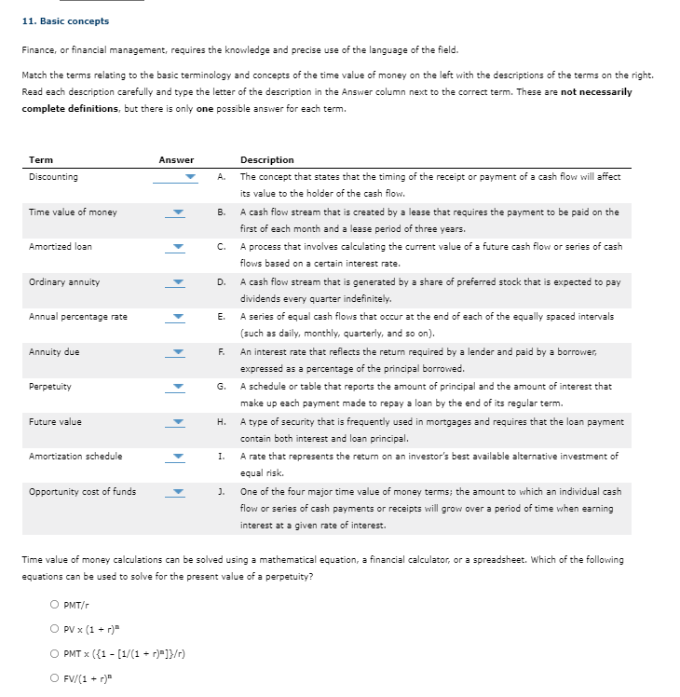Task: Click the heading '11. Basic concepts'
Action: coord(64,20)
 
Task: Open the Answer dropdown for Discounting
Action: coord(176,177)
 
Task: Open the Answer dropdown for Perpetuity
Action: coord(176,387)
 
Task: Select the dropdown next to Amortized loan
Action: coord(176,247)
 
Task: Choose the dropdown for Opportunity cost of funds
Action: coord(176,492)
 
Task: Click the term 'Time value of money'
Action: coord(73,212)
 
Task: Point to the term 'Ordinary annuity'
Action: coord(64,281)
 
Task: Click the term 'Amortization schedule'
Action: coord(75,457)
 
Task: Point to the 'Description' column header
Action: coord(266,160)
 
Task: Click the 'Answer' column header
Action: coord(176,160)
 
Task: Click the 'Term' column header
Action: coord(41,160)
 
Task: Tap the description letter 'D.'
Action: coord(222,281)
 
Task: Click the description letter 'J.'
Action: coord(222,491)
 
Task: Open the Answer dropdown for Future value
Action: coord(176,422)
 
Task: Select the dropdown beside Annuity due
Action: coord(176,352)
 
